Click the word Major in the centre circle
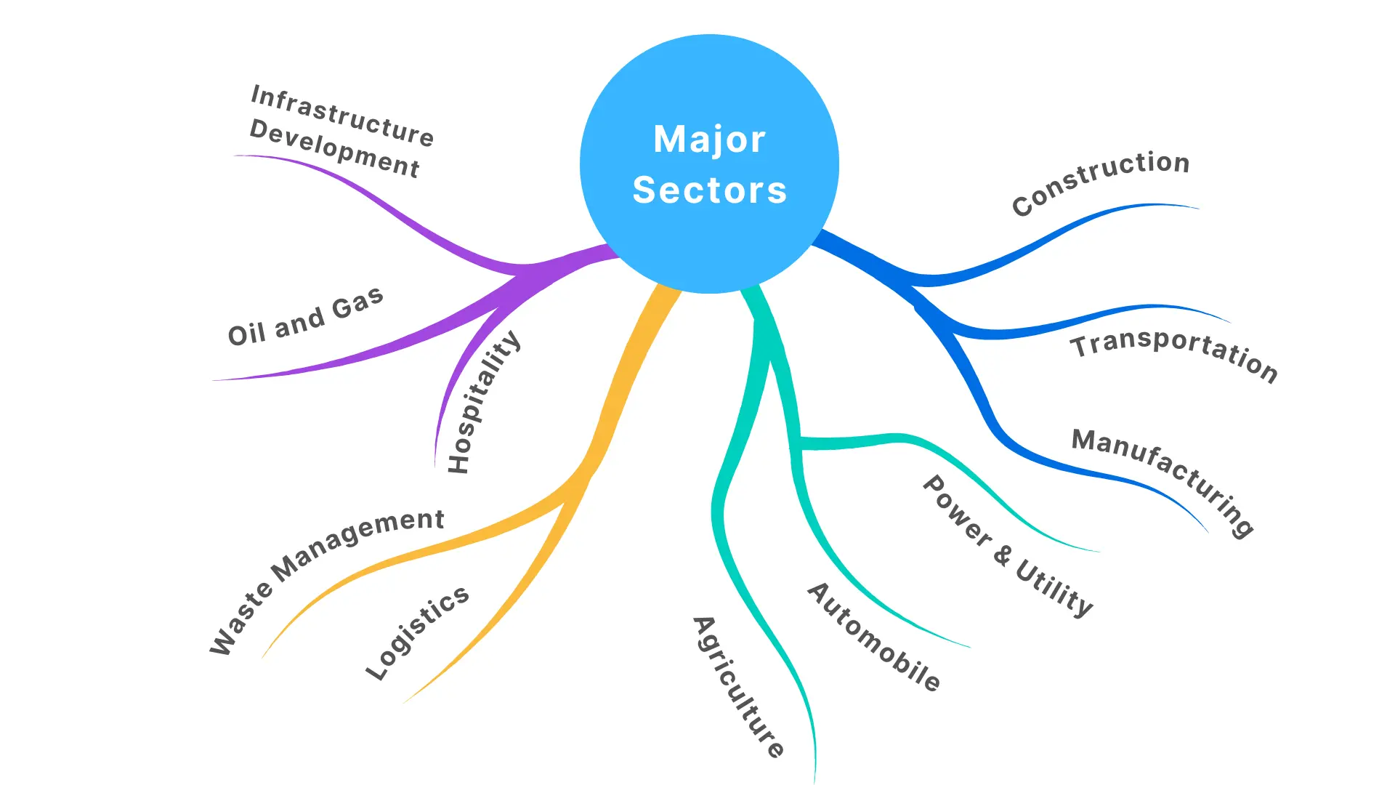tap(709, 139)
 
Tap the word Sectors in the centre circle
tap(709, 190)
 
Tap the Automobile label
tap(874, 637)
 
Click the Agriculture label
tap(738, 688)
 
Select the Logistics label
tap(417, 632)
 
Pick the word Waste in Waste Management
tap(241, 620)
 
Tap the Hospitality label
tap(483, 402)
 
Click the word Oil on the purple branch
tap(246, 334)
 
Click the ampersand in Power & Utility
tap(1003, 555)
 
